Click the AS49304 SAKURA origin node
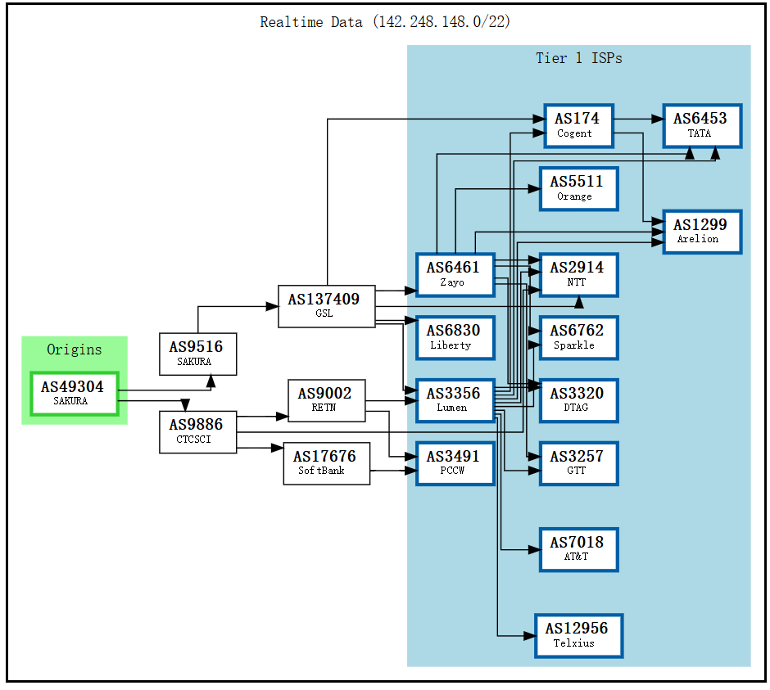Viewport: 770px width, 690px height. pyautogui.click(x=74, y=393)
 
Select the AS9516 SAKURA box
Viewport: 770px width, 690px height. pyautogui.click(x=197, y=354)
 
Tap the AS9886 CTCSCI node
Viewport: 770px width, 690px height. pyautogui.click(x=197, y=431)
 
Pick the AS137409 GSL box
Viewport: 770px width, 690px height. pyautogui.click(x=326, y=306)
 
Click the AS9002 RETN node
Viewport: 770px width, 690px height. pyautogui.click(x=326, y=400)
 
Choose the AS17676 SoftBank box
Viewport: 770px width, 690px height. pyautogui.click(x=326, y=462)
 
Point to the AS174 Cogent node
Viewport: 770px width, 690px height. pyautogui.click(x=577, y=125)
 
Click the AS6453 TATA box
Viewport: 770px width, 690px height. pyautogui.click(x=701, y=125)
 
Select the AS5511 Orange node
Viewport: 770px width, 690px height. pyautogui.click(x=577, y=188)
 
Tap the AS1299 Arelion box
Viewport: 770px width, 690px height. pyautogui.click(x=701, y=231)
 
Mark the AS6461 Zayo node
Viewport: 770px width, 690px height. pyautogui.click(x=455, y=274)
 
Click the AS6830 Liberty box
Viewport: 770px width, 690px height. pyautogui.click(x=455, y=337)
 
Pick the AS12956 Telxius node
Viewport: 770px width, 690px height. pyautogui.click(x=577, y=635)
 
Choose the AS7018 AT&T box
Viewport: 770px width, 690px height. pyautogui.click(x=577, y=549)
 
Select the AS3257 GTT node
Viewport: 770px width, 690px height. pyautogui.click(x=577, y=463)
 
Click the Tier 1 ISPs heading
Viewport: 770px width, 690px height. pyautogui.click(x=578, y=58)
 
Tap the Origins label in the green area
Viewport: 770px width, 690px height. pyautogui.click(x=74, y=350)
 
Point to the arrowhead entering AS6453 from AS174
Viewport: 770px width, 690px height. pyautogui.click(x=657, y=119)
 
